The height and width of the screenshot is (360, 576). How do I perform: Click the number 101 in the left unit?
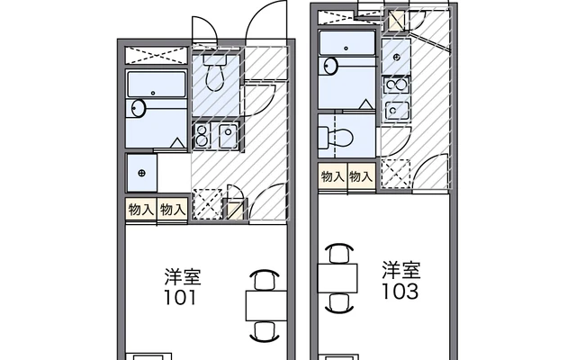(180, 298)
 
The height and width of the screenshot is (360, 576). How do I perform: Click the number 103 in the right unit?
(400, 292)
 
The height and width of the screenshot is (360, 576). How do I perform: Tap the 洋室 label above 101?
(183, 277)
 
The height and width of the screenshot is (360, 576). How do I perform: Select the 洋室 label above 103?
(401, 270)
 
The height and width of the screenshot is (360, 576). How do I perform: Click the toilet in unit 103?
(336, 138)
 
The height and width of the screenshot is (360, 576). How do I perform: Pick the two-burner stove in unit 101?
(202, 136)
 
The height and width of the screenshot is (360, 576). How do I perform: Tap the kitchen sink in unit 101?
(228, 136)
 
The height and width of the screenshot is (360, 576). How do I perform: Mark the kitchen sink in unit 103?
(396, 111)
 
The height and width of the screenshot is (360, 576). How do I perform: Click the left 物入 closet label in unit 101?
(140, 210)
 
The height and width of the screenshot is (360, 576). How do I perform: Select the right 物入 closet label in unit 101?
(173, 210)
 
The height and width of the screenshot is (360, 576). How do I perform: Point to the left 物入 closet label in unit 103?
(332, 176)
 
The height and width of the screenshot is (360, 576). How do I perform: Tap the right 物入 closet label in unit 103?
(361, 176)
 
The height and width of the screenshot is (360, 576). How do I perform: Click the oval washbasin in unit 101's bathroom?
(139, 108)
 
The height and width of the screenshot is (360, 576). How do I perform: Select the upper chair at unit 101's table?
(265, 280)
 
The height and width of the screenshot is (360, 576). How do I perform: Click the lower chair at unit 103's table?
(339, 303)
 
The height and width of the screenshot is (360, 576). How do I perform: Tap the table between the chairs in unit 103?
(337, 278)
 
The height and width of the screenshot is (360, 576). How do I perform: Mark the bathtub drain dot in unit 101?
(153, 94)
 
